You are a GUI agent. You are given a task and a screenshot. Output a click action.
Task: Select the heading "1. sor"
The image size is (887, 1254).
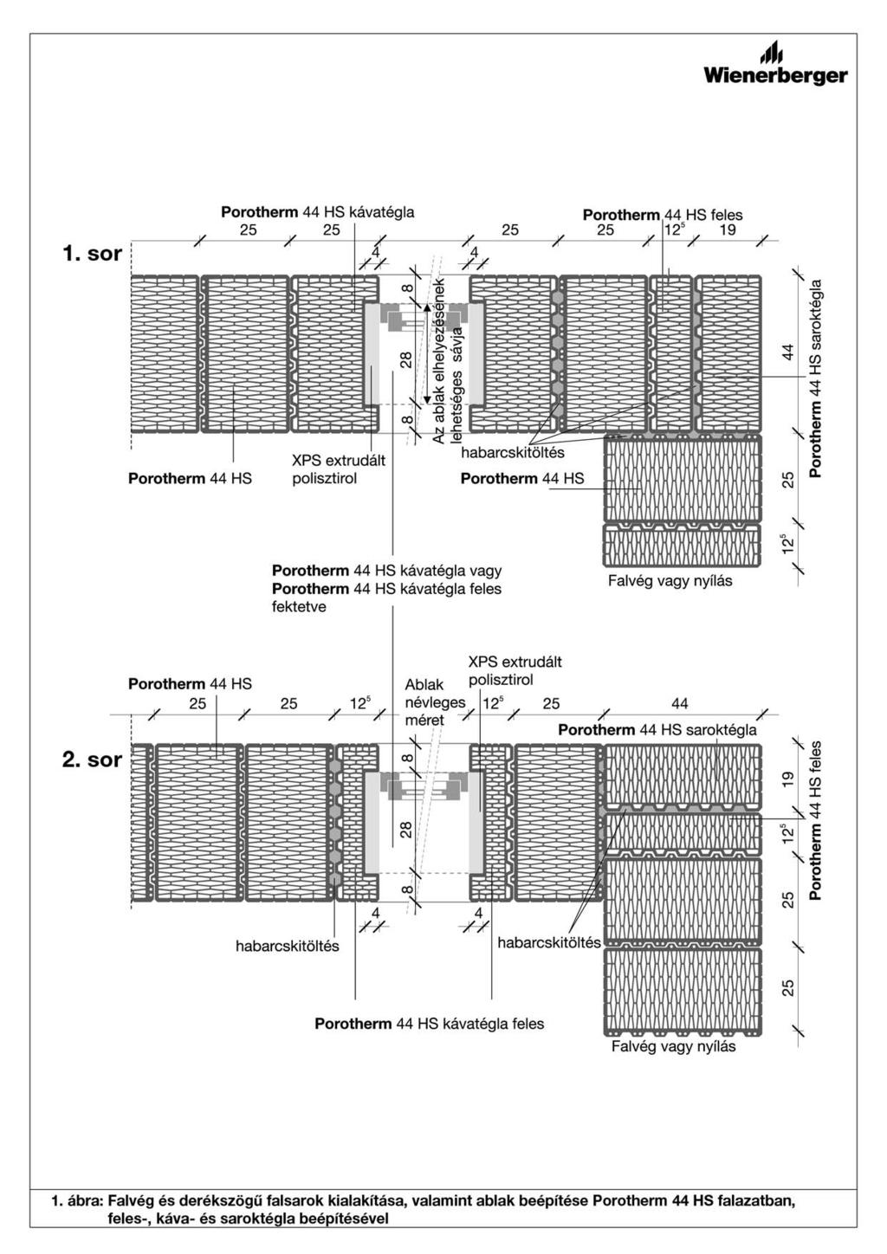(92, 254)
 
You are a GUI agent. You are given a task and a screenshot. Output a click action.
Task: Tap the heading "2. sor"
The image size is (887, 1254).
(92, 760)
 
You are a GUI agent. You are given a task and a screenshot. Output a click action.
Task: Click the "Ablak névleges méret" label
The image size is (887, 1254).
(435, 702)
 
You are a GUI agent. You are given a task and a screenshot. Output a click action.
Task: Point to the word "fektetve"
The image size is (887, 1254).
(299, 607)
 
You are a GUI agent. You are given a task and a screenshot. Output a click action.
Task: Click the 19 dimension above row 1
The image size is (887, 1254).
(728, 229)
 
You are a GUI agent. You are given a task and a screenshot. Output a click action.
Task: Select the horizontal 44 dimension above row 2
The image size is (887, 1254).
(680, 703)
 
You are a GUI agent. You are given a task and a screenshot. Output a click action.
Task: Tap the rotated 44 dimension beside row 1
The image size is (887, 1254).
(787, 352)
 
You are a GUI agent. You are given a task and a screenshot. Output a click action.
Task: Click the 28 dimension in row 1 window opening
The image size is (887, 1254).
(407, 359)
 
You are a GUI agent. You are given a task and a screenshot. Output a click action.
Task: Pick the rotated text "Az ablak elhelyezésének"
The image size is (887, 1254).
(439, 361)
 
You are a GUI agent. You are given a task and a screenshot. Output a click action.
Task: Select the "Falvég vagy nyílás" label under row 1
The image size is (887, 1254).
(670, 580)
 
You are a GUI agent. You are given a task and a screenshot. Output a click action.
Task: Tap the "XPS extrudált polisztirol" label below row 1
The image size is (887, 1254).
(339, 469)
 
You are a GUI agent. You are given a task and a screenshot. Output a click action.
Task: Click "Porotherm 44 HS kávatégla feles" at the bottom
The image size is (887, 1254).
(430, 1024)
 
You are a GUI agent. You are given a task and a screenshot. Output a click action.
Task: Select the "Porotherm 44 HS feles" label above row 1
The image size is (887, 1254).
(663, 215)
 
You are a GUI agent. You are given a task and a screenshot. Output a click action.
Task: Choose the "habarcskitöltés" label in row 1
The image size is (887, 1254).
(513, 452)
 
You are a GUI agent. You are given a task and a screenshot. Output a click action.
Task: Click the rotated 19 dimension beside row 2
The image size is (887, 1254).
(787, 779)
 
